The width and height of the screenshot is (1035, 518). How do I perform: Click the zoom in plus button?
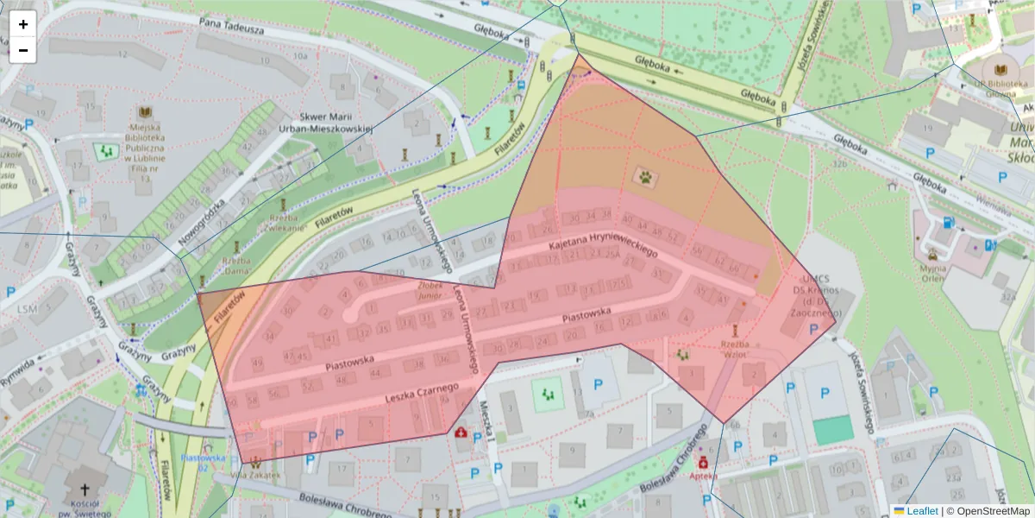click(x=23, y=24)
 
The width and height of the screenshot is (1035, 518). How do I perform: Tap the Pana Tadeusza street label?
click(x=230, y=27)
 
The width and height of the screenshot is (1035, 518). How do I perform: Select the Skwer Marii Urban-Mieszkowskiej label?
click(x=335, y=123)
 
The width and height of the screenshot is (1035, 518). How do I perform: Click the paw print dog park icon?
click(x=645, y=177)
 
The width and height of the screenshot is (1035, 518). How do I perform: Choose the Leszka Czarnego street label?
click(x=421, y=395)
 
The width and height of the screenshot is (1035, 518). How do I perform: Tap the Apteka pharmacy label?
click(x=703, y=475)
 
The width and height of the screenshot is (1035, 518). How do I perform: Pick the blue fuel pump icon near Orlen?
click(x=949, y=222)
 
